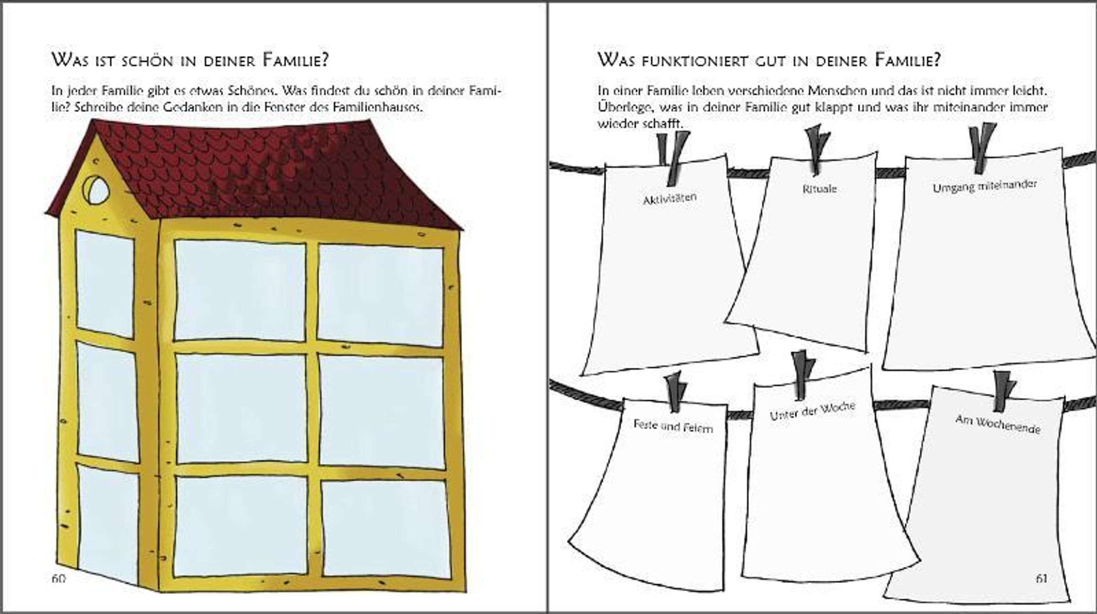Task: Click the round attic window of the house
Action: tap(96, 189)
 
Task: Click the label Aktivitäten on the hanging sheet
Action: tap(670, 199)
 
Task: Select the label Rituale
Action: tap(820, 189)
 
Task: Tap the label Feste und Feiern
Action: tap(673, 426)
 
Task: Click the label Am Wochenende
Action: tap(998, 424)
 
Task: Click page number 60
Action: tap(59, 578)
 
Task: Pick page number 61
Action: tap(1041, 578)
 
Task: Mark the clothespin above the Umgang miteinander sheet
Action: tap(982, 147)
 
